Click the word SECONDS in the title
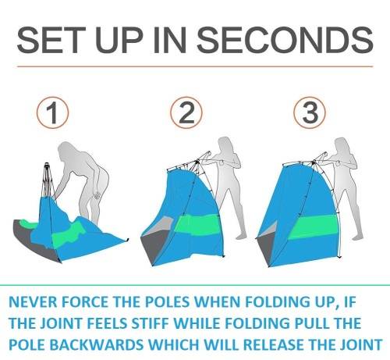[285, 41]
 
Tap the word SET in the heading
[51, 41]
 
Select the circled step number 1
[53, 112]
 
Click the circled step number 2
[186, 112]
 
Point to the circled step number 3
[310, 112]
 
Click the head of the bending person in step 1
[66, 151]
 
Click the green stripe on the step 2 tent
[197, 224]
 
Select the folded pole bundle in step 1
[47, 180]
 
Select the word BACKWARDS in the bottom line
[96, 344]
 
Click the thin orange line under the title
[195, 66]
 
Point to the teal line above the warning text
[195, 285]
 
